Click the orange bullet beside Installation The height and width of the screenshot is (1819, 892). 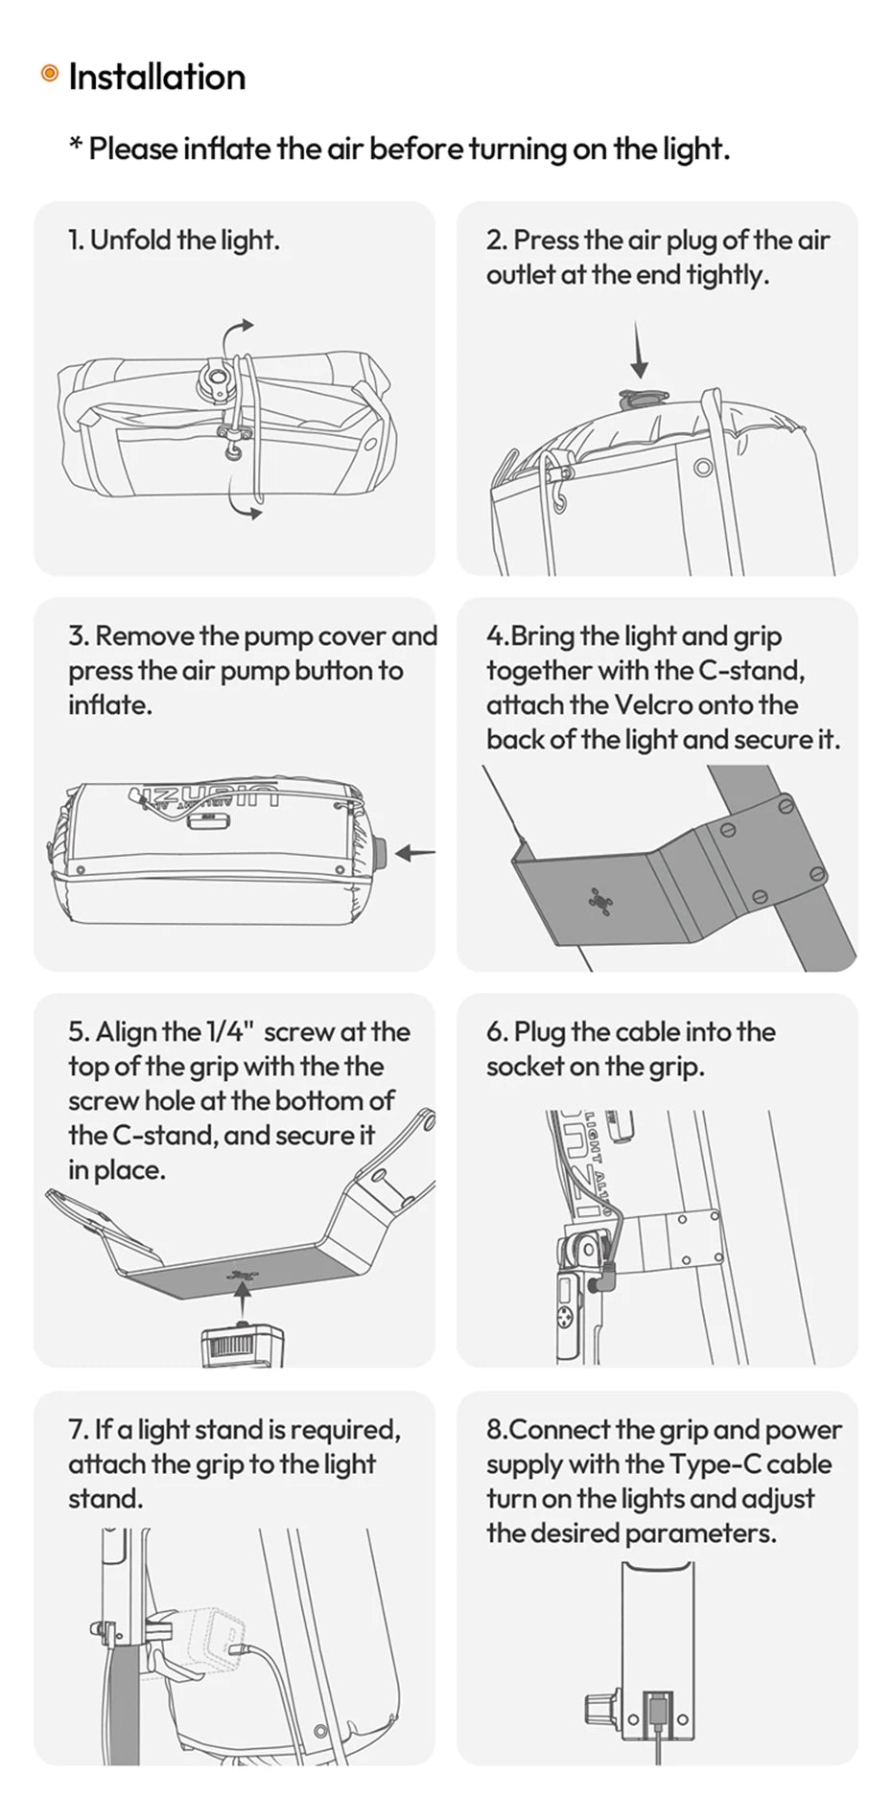click(50, 74)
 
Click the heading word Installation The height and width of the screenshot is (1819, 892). click(157, 77)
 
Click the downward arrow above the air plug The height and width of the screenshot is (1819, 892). click(640, 351)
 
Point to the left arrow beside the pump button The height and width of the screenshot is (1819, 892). click(414, 852)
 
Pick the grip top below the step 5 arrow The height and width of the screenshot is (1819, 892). click(242, 1346)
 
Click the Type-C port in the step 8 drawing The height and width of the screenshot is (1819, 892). click(657, 1708)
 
